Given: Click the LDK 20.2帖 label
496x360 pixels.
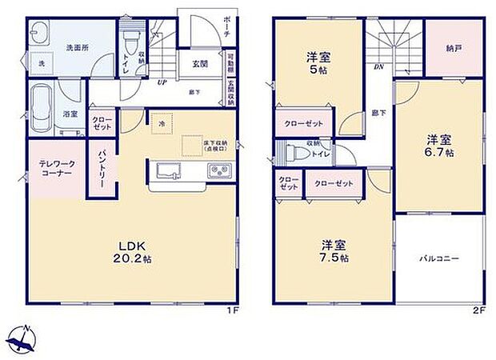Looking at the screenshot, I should (133, 251).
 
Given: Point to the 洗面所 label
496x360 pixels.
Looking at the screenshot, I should (77, 47).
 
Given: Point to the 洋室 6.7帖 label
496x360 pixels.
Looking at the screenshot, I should (439, 145).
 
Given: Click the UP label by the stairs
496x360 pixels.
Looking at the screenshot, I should (162, 82).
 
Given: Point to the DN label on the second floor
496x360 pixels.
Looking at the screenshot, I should (378, 67).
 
